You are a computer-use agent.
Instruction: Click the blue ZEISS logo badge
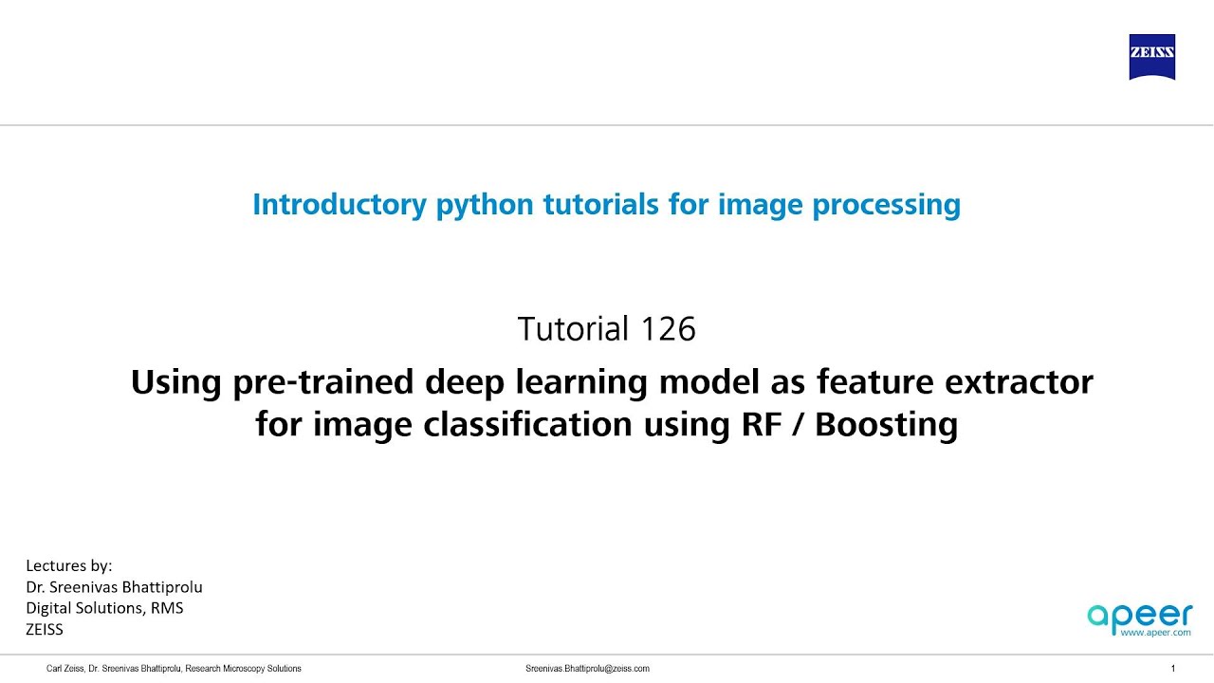pos(1151,57)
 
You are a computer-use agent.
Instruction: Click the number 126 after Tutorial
pos(668,329)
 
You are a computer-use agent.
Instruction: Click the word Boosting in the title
pos(886,424)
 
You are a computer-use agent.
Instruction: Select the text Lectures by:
pos(69,566)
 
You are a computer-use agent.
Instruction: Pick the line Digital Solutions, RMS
pos(104,608)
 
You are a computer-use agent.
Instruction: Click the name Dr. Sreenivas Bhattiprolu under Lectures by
pos(114,587)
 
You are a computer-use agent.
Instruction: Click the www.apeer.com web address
pos(1154,632)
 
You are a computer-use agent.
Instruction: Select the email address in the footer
pos(587,669)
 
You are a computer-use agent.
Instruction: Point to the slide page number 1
pos(1173,669)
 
